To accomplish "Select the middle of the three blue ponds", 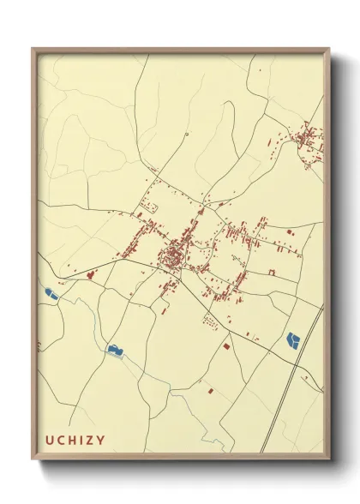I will pyautogui.click(x=114, y=349).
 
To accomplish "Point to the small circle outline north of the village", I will pyautogui.click(x=186, y=135).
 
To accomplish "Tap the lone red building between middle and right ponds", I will pyautogui.click(x=225, y=346).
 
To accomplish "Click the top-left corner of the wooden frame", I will pyautogui.click(x=33, y=49).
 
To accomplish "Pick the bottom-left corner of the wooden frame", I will pyautogui.click(x=33, y=458).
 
